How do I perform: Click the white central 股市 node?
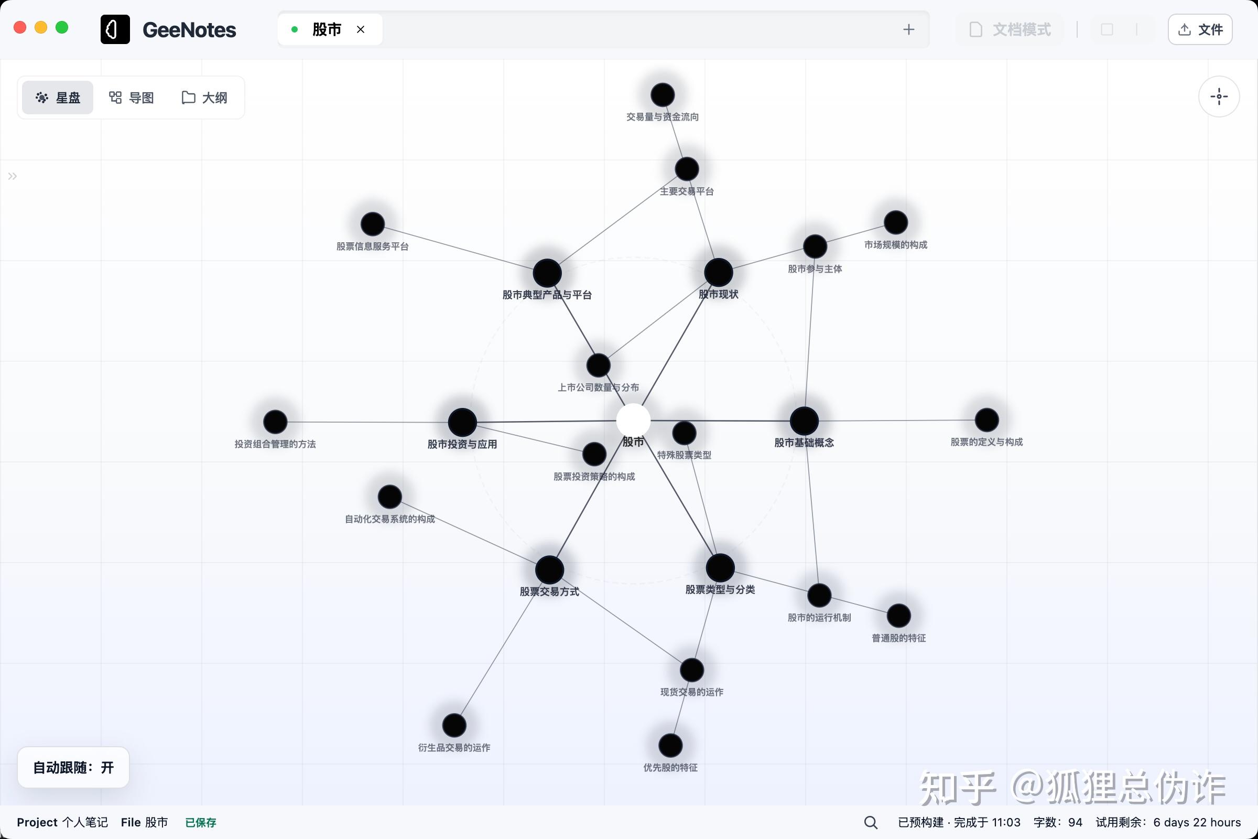click(633, 421)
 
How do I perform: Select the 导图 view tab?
click(132, 98)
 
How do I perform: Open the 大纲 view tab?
click(204, 98)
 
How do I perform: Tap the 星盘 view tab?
click(58, 98)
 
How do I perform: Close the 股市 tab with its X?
click(361, 29)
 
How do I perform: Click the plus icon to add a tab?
click(908, 29)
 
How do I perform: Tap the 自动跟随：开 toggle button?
click(73, 767)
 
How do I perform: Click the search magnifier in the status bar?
click(870, 822)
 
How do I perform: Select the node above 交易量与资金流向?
click(662, 95)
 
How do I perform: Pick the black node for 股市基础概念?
click(804, 421)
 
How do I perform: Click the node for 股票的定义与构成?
click(986, 420)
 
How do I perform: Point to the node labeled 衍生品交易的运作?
click(454, 726)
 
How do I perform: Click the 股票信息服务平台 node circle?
click(372, 224)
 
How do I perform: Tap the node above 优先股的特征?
click(670, 745)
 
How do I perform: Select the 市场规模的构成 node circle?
click(895, 222)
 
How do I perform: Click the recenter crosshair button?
click(1219, 97)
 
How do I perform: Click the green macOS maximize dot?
click(62, 27)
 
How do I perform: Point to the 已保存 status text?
click(201, 822)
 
